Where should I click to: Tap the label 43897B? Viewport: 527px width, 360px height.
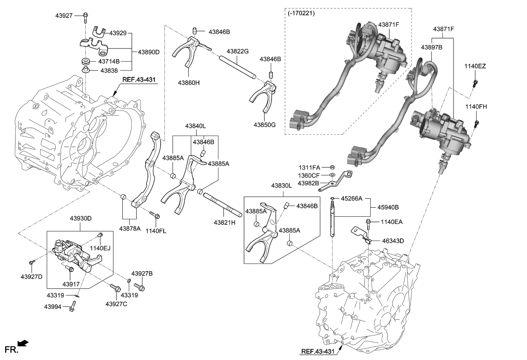(x=432, y=48)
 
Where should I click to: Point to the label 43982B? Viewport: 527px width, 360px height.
(x=308, y=183)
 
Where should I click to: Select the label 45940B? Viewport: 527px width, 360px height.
(x=387, y=207)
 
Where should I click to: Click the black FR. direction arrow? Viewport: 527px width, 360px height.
(x=23, y=343)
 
